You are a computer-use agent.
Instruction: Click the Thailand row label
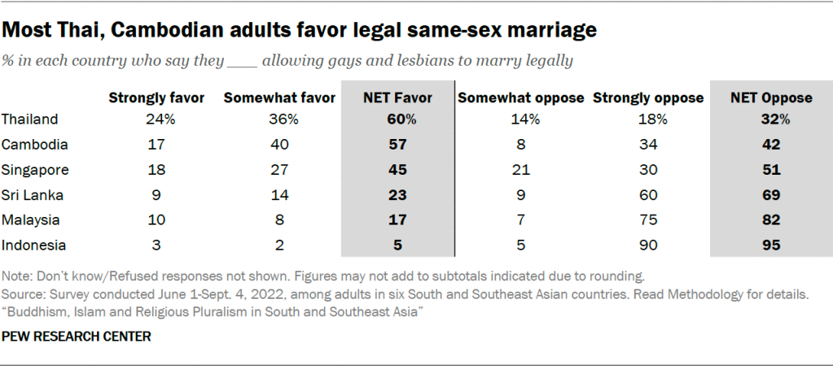(30, 119)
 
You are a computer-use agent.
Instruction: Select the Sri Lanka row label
(32, 195)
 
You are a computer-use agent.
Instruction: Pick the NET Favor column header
(397, 98)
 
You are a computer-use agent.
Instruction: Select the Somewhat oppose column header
(521, 98)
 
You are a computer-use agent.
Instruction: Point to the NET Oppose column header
(771, 98)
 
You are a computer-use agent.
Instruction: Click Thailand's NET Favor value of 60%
(397, 119)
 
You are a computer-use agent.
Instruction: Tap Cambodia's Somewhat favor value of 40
(279, 145)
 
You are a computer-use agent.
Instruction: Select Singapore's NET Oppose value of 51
(771, 170)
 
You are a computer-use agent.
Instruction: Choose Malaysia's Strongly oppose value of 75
(648, 220)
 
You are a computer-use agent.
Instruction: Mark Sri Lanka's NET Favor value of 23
(397, 195)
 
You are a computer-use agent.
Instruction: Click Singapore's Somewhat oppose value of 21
(521, 170)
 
